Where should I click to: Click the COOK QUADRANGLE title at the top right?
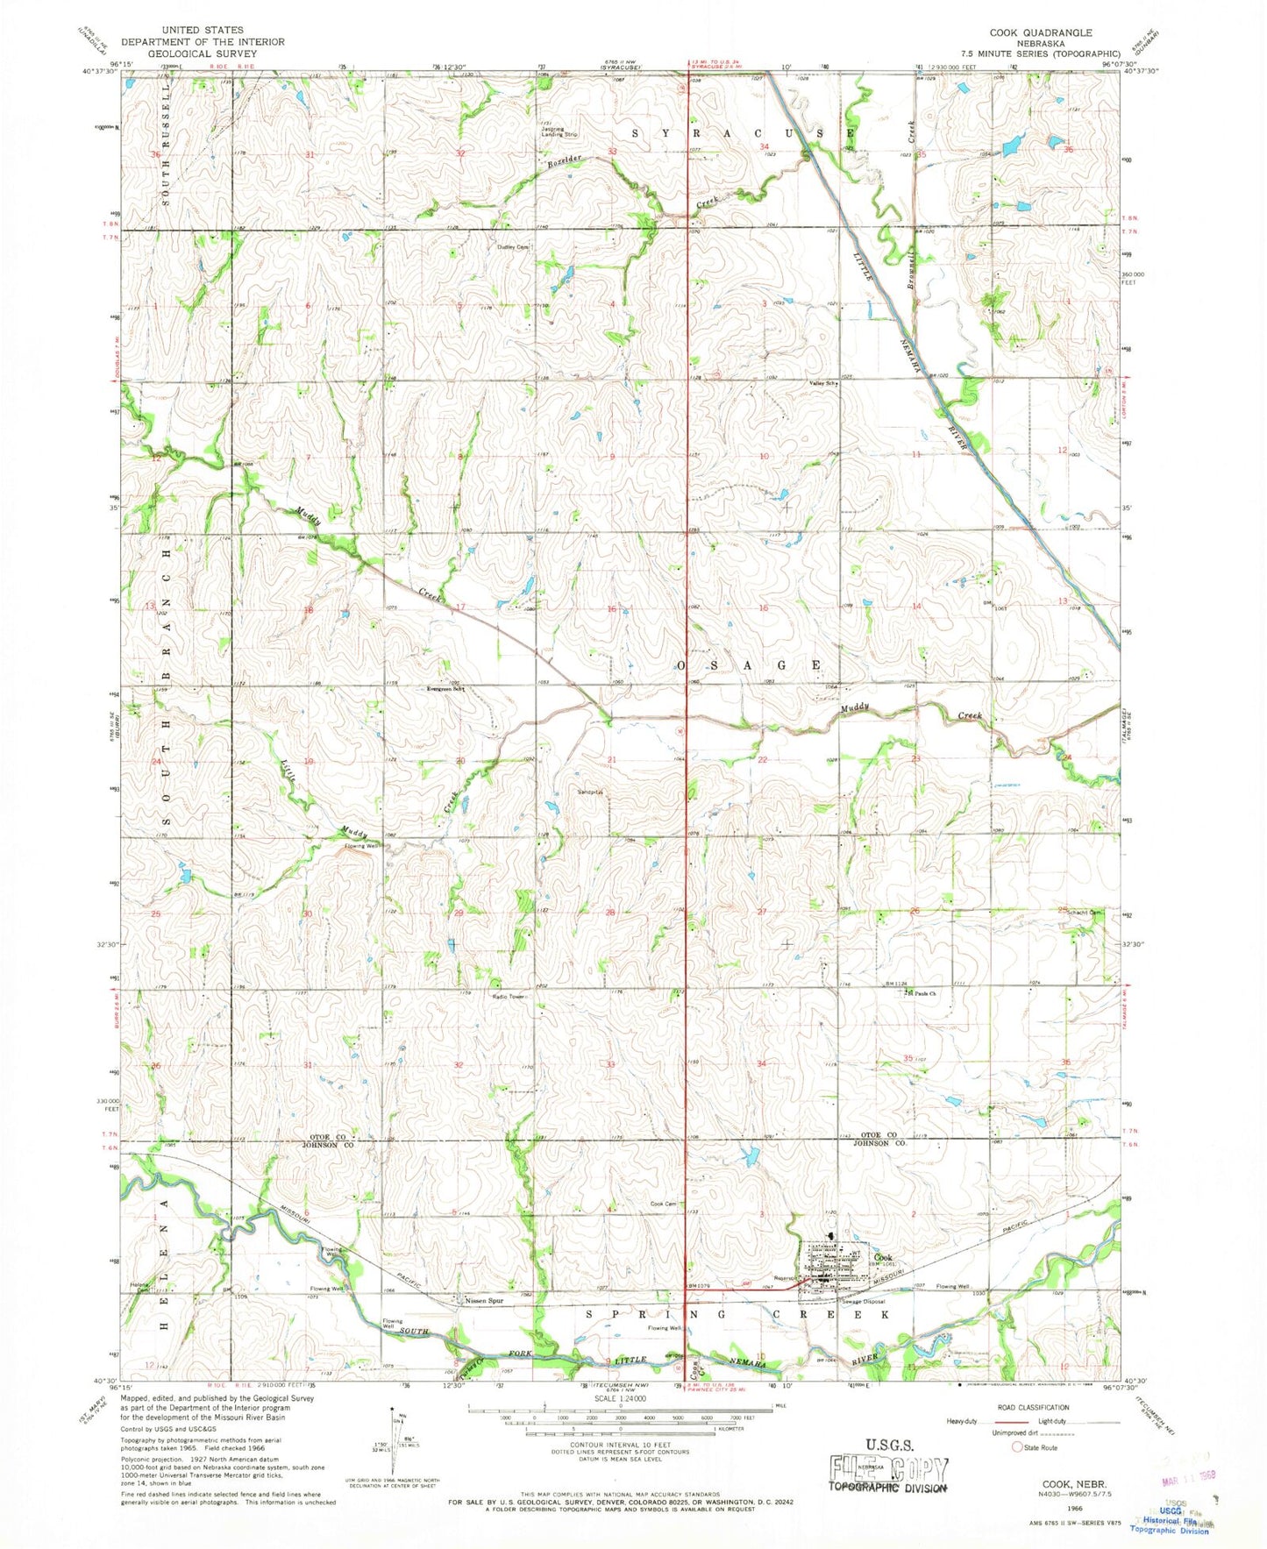(x=1041, y=32)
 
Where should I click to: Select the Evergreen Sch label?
(x=445, y=688)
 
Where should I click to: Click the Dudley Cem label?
(x=514, y=247)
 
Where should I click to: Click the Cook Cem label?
(x=663, y=1204)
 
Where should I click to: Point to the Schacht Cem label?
(x=1084, y=913)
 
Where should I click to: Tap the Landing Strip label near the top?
(x=559, y=134)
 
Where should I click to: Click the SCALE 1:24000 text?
(x=620, y=1398)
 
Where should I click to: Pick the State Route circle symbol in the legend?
(x=1018, y=1446)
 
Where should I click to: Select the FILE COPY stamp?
(x=889, y=1470)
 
